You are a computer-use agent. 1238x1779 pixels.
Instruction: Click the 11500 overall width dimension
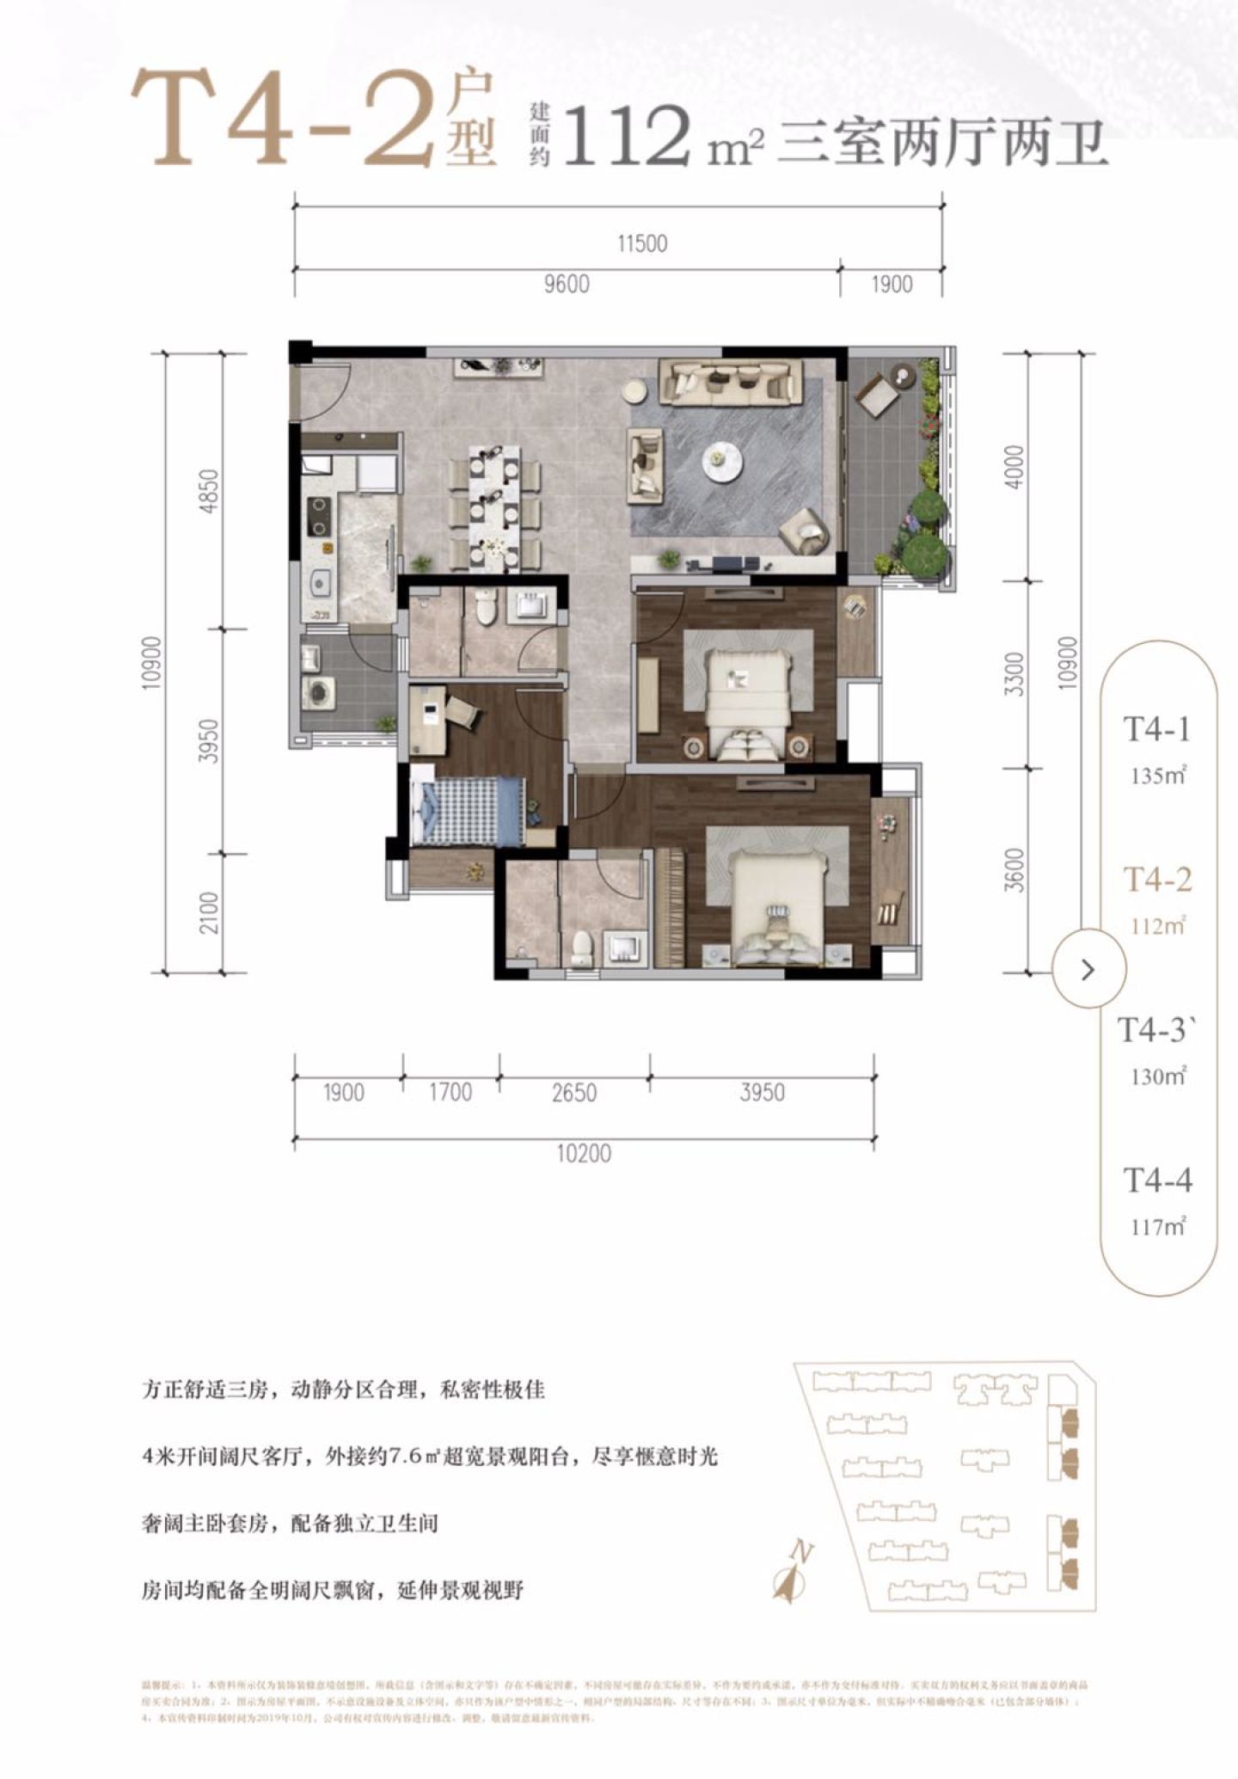(642, 243)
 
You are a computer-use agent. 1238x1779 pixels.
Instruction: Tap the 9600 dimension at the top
(567, 284)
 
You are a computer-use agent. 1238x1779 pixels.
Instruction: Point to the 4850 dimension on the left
(209, 491)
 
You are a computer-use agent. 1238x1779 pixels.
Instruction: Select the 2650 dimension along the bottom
(574, 1093)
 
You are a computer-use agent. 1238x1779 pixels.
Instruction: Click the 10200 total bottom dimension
(584, 1153)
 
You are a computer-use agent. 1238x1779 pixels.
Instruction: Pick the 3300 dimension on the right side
(1015, 674)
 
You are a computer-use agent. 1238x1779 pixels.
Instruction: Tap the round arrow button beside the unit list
(1088, 970)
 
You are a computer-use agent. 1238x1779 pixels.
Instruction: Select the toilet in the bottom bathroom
(582, 948)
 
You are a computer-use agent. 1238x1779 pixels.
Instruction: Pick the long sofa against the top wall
(730, 382)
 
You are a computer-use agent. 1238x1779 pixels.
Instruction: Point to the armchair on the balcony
(876, 395)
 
